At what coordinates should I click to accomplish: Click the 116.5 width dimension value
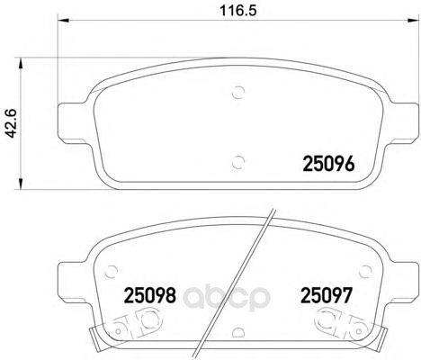[238, 11]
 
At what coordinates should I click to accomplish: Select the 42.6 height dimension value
[13, 123]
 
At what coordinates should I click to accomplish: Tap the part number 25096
[329, 164]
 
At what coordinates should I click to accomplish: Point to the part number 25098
[149, 295]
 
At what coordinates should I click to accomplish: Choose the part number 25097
[326, 295]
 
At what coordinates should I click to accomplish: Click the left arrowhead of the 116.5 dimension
[63, 20]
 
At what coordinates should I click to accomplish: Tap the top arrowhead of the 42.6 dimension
[21, 64]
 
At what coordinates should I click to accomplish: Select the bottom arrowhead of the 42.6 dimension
[21, 183]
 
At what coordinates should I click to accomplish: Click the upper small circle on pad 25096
[238, 92]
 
